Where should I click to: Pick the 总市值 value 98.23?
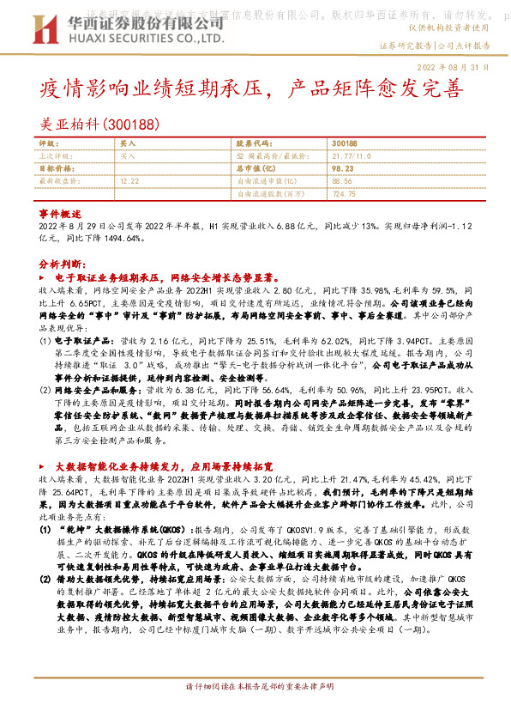[x=341, y=169]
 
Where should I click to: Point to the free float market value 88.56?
[x=341, y=181]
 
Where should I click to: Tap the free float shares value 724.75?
[x=343, y=194]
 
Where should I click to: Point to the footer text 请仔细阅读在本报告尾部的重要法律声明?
[x=256, y=713]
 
